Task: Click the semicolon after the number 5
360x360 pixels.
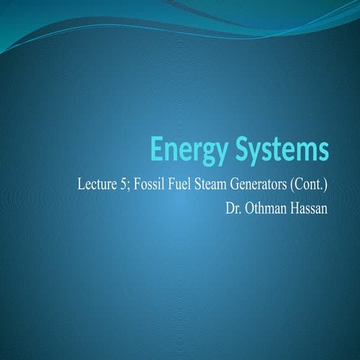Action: (x=126, y=185)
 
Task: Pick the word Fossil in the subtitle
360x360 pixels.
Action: (x=144, y=184)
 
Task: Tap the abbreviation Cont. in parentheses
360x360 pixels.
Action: (x=308, y=184)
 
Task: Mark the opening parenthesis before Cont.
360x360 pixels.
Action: (x=291, y=184)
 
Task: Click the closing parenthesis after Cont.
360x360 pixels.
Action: (x=325, y=184)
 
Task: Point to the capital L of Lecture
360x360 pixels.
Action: (x=81, y=184)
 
